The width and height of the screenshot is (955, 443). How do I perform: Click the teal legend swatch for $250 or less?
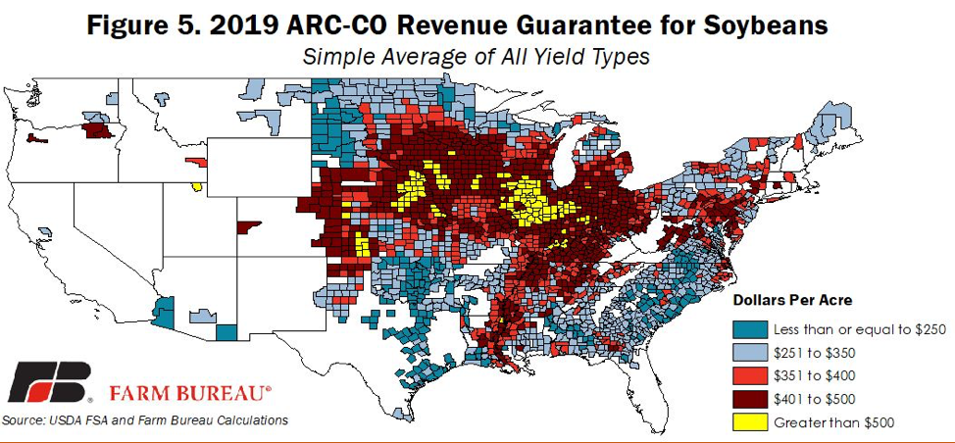749,329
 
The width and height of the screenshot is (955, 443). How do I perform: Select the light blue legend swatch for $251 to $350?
749,353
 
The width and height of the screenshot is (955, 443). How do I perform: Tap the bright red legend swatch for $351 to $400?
749,376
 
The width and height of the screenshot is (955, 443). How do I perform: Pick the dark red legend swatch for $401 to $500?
749,400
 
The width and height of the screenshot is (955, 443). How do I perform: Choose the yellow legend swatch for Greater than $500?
749,422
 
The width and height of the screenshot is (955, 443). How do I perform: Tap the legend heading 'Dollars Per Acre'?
792,300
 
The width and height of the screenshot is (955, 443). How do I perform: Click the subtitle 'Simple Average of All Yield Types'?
477,57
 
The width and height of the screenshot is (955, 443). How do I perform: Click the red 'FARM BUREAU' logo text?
189,393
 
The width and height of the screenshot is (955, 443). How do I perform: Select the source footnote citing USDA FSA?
146,420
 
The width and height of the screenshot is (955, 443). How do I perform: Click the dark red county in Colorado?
247,227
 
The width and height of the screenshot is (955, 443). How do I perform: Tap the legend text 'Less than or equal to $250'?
859,329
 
